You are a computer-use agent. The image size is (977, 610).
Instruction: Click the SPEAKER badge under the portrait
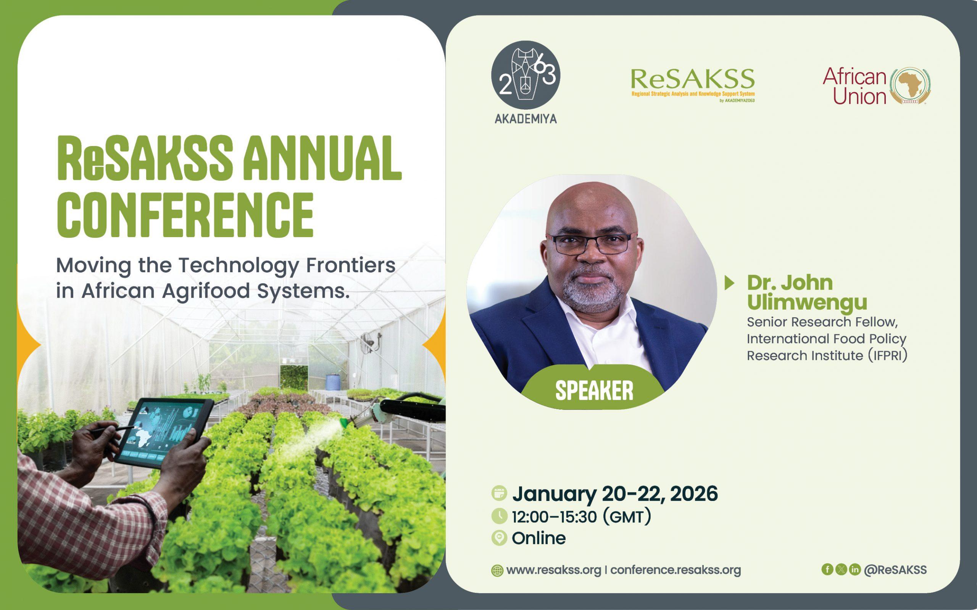click(x=594, y=390)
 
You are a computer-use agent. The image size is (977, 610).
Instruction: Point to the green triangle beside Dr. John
click(x=730, y=283)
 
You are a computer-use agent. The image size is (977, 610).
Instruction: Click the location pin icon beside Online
click(x=500, y=538)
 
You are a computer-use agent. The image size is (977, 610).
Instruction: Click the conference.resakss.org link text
click(x=676, y=570)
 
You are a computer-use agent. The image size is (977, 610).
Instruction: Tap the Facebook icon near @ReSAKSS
click(x=827, y=569)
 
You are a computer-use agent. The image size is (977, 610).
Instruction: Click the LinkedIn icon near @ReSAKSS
click(x=854, y=569)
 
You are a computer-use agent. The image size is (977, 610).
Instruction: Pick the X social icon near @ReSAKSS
click(x=841, y=569)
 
